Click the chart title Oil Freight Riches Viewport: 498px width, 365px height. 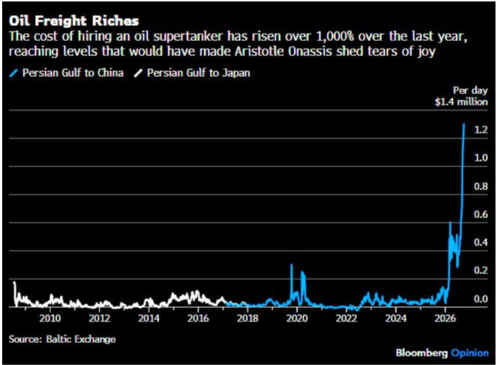pos(74,21)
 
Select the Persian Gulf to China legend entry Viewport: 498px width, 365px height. pos(67,73)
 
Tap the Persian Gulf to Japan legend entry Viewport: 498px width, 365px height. pos(192,73)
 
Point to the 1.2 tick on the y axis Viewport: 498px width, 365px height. pos(481,130)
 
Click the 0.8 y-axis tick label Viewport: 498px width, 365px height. pos(481,186)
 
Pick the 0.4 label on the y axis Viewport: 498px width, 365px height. pos(481,242)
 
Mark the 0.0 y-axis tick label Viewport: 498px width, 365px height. pos(481,298)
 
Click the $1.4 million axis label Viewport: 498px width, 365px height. pos(461,102)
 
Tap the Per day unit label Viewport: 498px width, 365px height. pos(470,90)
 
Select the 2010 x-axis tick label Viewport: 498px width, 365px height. pos(50,318)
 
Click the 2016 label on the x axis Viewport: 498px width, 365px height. pos(198,318)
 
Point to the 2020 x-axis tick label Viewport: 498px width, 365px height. pos(297,318)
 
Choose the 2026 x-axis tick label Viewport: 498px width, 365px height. pos(445,318)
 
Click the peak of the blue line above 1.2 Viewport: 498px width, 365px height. pos(464,124)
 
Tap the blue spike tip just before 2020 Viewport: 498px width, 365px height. pos(291,265)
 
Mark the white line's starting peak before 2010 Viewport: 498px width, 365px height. pos(14,283)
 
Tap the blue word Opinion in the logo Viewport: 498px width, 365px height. pos(470,353)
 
